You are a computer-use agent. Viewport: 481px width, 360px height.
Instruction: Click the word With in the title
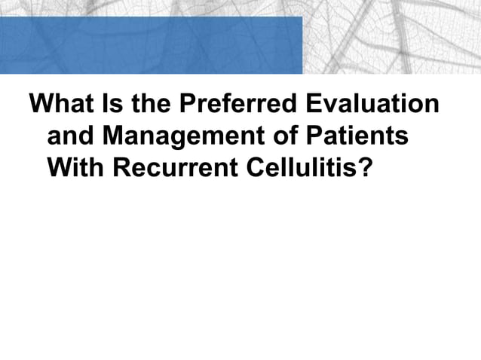click(75, 169)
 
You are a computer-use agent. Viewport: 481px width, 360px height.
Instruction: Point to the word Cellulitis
click(305, 169)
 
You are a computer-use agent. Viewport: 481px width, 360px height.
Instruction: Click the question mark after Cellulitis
click(365, 169)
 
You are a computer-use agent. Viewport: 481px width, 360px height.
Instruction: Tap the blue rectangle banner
click(151, 45)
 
